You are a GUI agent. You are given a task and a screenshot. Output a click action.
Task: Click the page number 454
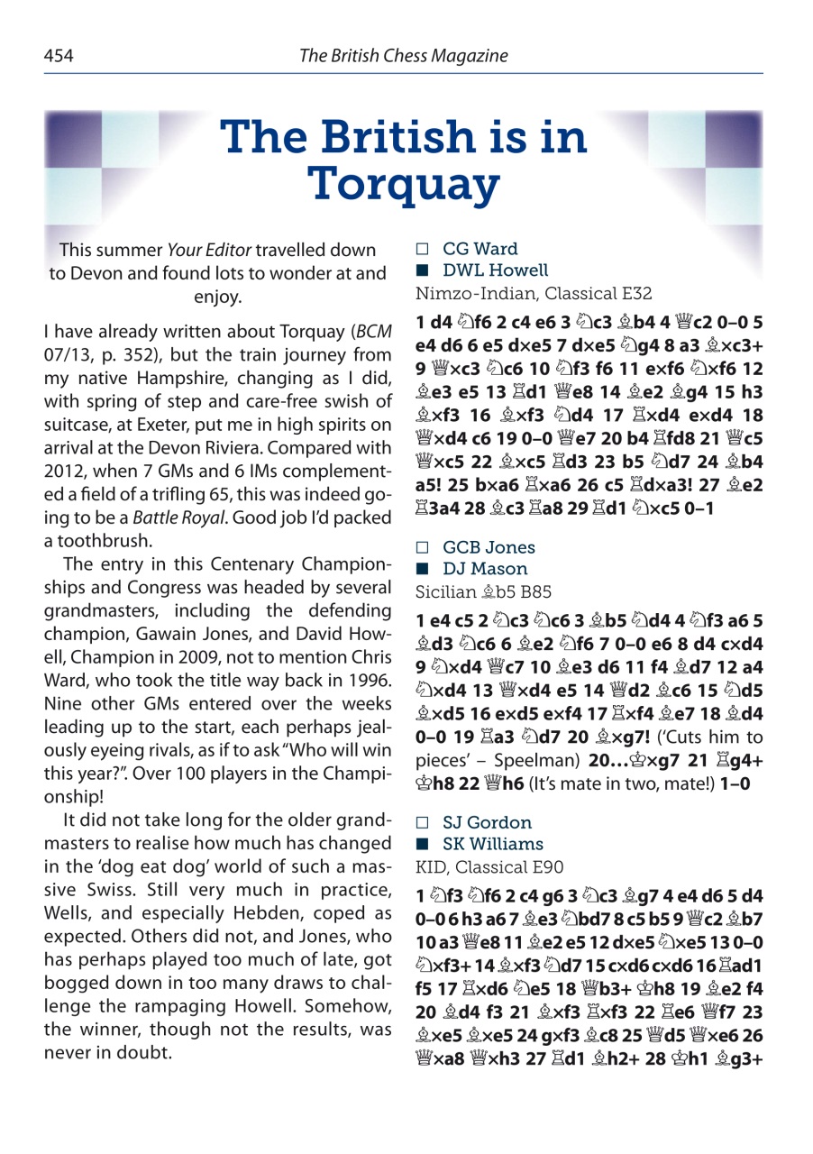(59, 56)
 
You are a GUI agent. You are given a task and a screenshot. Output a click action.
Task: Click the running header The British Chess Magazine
(403, 56)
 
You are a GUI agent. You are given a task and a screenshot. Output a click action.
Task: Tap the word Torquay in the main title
(404, 183)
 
